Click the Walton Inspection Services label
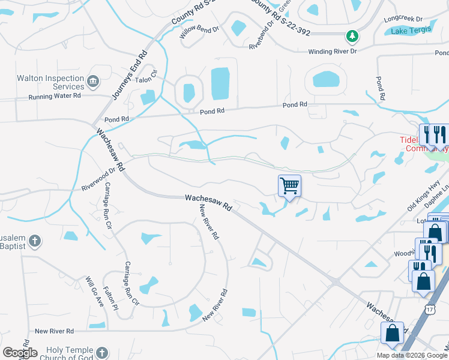pos(50,82)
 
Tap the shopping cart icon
pos(289,186)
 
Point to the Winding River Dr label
pos(333,52)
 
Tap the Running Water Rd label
pos(55,96)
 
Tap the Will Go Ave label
pos(94,291)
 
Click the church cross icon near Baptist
pos(35,241)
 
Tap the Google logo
pos(20,353)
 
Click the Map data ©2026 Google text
pos(412,355)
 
